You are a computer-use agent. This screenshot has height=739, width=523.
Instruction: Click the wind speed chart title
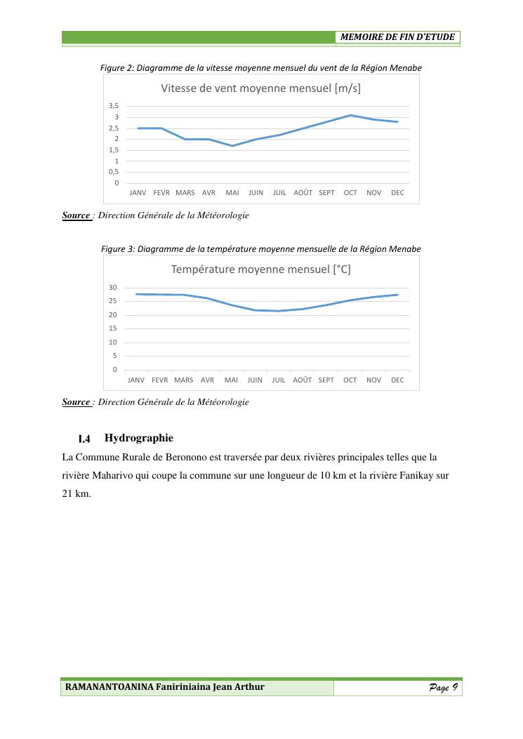click(260, 88)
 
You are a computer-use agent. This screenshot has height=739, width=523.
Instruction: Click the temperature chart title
click(260, 269)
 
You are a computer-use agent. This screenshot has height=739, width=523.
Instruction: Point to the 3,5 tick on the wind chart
click(113, 106)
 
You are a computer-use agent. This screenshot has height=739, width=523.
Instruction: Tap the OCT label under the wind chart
click(350, 192)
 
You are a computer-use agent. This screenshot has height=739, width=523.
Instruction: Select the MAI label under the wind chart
click(232, 192)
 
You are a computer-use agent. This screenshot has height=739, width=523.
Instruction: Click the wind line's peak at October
click(350, 115)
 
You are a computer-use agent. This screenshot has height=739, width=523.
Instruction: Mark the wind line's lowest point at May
click(232, 146)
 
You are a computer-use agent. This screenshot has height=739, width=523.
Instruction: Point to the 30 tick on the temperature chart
click(113, 288)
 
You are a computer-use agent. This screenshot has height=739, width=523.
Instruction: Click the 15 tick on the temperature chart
click(113, 328)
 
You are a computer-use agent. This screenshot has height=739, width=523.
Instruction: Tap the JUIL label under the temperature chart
click(279, 380)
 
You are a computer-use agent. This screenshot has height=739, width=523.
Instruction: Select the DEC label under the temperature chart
click(397, 380)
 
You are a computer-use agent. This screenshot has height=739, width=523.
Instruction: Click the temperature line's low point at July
click(279, 311)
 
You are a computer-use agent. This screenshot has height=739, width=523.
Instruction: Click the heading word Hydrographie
click(138, 439)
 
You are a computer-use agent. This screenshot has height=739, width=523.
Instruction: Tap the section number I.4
click(84, 439)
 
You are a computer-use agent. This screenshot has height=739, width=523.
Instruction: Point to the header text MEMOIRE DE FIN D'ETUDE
click(397, 37)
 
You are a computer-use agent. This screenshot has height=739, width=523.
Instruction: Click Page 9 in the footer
click(444, 687)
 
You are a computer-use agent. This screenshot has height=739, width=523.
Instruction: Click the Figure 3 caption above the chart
click(260, 249)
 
